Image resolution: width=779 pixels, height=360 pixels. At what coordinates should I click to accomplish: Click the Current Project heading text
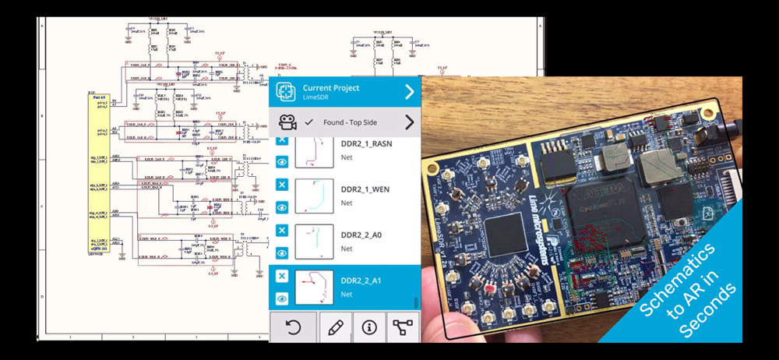(331, 87)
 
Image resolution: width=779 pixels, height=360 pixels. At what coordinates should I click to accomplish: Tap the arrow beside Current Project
(409, 92)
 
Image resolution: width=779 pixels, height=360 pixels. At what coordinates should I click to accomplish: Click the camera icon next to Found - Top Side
(287, 122)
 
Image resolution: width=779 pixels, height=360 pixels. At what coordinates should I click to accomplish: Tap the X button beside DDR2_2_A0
(282, 231)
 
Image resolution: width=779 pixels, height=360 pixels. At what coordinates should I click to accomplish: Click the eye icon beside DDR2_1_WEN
(282, 207)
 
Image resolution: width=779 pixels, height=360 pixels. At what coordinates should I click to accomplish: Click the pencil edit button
(336, 327)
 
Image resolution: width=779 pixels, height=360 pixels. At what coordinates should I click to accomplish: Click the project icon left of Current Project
(286, 92)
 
